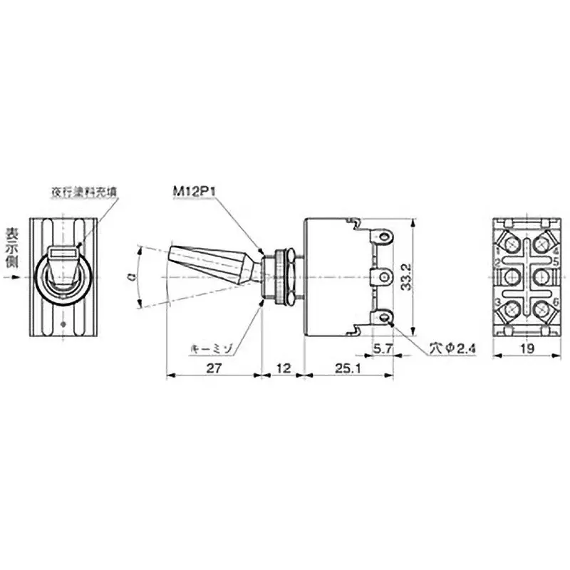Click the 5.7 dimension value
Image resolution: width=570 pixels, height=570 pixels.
(383, 349)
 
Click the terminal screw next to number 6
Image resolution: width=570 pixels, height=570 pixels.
(541, 310)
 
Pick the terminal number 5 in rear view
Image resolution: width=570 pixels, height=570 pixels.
(554, 263)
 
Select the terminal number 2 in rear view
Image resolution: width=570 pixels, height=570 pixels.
(496, 263)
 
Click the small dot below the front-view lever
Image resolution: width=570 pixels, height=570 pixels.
(65, 325)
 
